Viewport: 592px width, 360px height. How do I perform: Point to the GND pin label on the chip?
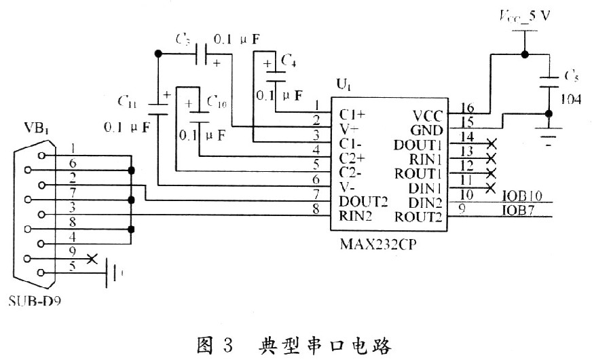click(x=427, y=129)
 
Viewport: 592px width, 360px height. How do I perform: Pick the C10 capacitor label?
click(x=217, y=102)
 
